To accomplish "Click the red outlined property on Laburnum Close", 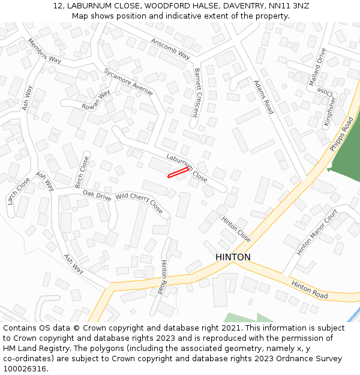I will [178, 173].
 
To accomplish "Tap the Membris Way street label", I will [44, 51].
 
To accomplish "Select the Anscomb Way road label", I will [170, 48].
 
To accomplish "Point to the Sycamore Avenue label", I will [128, 81].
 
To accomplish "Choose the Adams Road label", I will [263, 97].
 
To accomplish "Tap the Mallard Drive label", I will [317, 67].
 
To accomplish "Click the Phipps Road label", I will [342, 133].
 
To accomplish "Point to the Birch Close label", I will [82, 172].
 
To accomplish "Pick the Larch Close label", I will [19, 191].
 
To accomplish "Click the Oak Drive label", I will [97, 195].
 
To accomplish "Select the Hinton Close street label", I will [236, 229].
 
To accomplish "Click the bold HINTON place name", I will [233, 257].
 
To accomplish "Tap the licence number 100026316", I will [25, 368].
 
